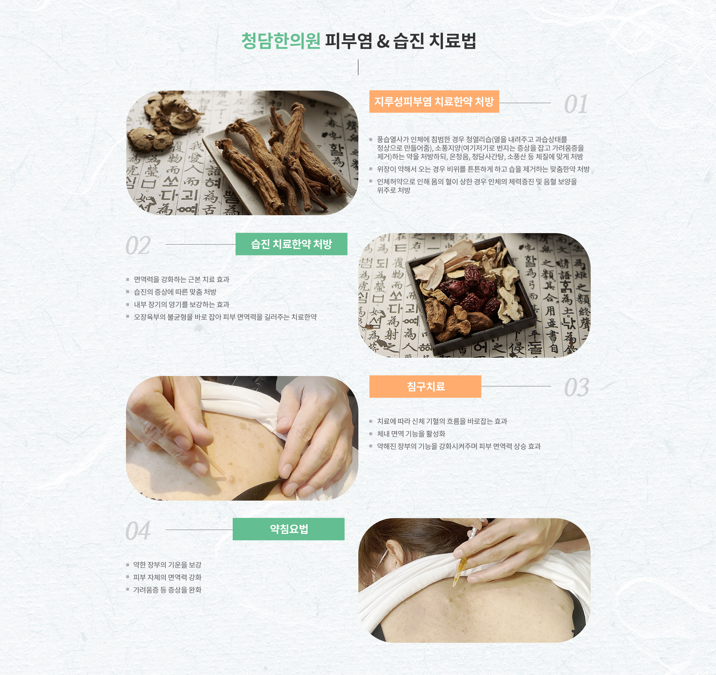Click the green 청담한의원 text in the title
pos(281,40)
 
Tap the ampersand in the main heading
pos(383,41)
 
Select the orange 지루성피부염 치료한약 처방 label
pos(434,102)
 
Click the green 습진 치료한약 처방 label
pos(291,244)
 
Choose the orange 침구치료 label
pos(425,386)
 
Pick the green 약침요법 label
pos(289,529)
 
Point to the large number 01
pos(576,105)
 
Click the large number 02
pos(138,246)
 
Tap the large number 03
pos(577,387)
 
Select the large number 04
pos(138,531)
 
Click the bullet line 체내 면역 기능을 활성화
pos(411,434)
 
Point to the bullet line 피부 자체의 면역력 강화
pos(167,577)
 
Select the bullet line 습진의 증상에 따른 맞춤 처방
pos(175,292)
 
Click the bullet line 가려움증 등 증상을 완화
pos(167,590)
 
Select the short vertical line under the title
pos(358,67)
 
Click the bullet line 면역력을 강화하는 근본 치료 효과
pos(182,279)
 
